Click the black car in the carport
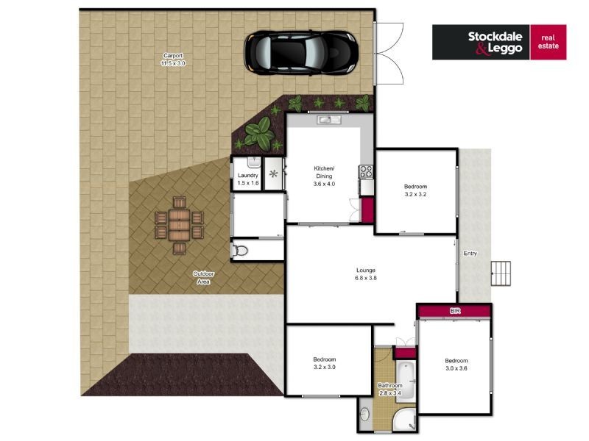300,52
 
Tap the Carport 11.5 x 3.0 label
173,60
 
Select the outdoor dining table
179,226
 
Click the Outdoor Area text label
203,278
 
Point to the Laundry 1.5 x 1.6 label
248,179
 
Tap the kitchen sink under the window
329,120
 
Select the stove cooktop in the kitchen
367,172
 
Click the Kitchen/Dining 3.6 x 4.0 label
324,176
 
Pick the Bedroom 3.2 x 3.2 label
415,190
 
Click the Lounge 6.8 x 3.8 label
365,274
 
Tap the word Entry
470,254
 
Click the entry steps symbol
501,273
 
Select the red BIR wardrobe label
455,311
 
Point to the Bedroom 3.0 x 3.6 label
456,365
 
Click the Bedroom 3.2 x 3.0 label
325,363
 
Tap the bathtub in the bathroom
406,381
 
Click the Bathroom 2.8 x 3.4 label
390,390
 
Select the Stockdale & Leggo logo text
495,43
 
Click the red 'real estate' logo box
548,42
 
